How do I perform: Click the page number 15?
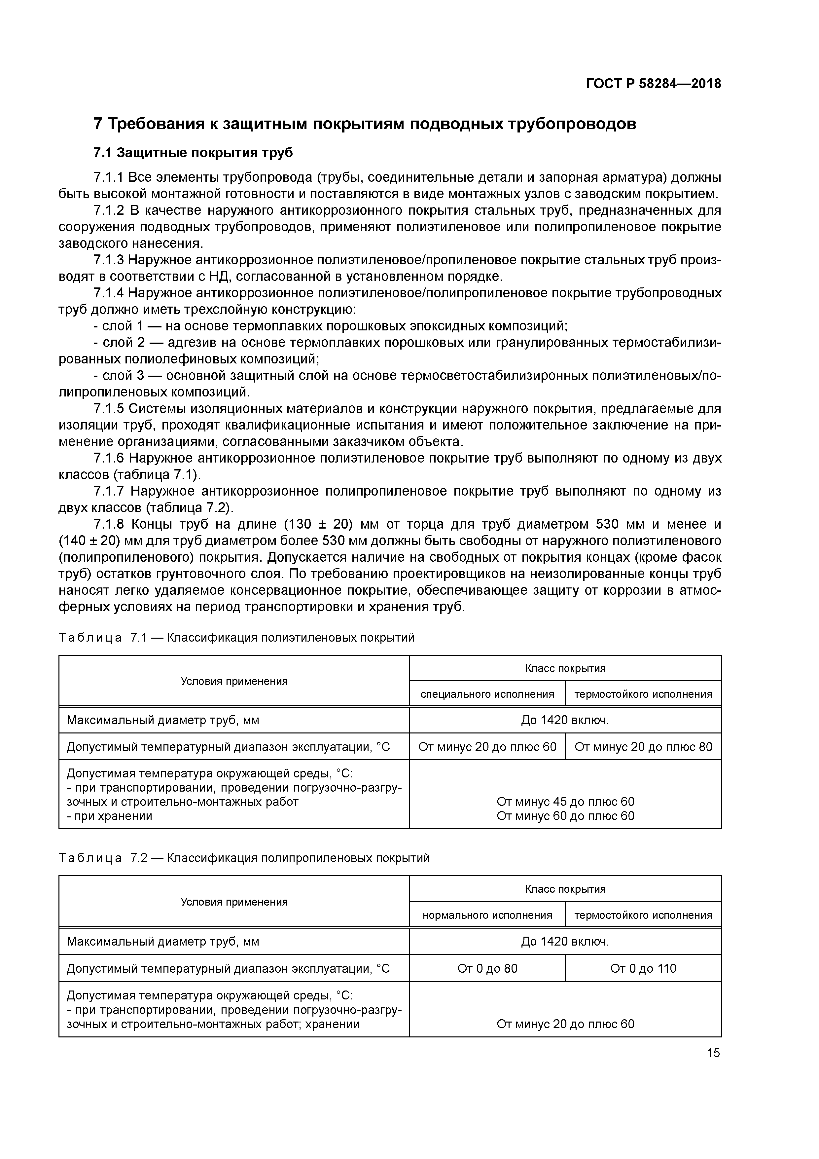713,1053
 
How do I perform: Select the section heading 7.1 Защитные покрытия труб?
193,153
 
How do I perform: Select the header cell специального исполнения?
487,694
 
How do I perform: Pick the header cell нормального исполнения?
487,915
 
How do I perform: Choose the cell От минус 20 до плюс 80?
643,747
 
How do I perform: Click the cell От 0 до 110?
643,968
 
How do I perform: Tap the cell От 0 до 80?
487,968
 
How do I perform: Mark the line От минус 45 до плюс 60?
565,802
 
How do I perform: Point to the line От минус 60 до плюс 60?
565,816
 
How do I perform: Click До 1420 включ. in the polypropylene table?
565,941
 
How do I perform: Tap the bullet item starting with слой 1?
331,326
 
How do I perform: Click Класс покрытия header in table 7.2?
565,889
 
